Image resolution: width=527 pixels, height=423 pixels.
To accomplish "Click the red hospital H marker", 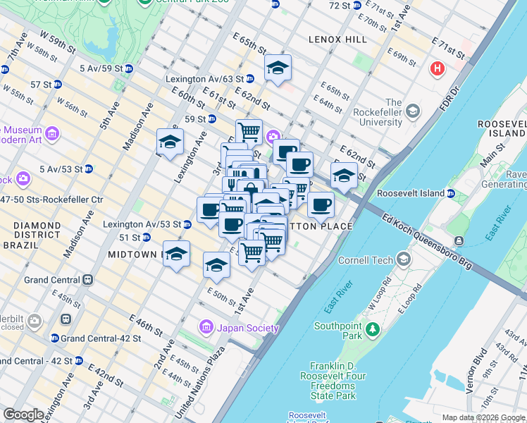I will pos(438,68).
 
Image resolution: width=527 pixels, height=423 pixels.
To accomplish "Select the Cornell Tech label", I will pos(366,260).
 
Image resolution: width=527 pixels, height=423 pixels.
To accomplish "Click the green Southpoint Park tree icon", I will pos(372,329).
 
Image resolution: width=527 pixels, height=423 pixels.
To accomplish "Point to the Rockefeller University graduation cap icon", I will pos(412,111).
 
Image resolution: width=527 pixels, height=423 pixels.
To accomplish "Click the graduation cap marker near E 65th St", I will pos(278,68).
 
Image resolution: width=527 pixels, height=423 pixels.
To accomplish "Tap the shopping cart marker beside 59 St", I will pos(249,131).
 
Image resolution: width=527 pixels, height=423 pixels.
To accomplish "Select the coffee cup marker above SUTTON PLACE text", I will pos(321,205).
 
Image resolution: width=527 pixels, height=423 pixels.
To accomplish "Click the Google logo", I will pos(23,415).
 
